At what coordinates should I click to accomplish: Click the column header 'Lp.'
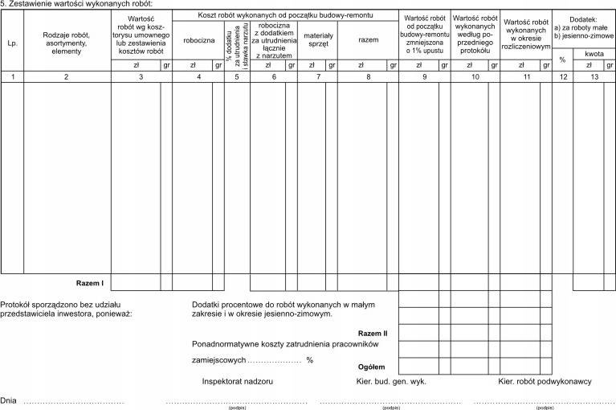(x=11, y=43)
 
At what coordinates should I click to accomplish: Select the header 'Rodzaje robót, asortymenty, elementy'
(x=67, y=43)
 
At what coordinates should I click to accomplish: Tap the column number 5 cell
(x=237, y=76)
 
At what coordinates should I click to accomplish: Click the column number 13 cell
(x=594, y=76)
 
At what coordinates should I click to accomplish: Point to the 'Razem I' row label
(x=90, y=282)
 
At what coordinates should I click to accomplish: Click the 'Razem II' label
(x=373, y=333)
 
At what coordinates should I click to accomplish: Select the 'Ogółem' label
(x=371, y=367)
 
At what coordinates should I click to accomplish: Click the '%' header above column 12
(x=562, y=59)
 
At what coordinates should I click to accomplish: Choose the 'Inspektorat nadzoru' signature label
(x=238, y=381)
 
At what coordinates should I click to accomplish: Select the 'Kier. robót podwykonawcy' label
(x=545, y=381)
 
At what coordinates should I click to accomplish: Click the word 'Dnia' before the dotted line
(x=9, y=400)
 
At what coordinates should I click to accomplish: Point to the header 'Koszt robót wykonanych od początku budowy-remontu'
(x=284, y=15)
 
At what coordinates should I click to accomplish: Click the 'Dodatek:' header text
(x=583, y=18)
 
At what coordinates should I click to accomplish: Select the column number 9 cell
(x=424, y=76)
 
